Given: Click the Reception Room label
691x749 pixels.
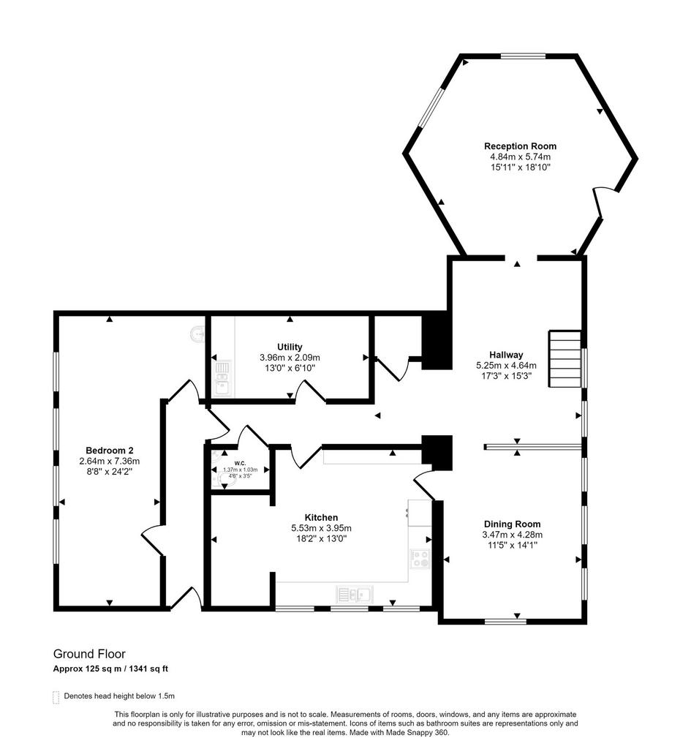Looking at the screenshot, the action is pos(520,146).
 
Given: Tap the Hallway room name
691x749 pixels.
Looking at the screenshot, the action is pos(506,355).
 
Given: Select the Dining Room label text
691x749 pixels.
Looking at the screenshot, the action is pos(513,524).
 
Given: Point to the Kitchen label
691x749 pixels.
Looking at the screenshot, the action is pos(322,517).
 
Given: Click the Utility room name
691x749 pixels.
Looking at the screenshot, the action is pos(290,347).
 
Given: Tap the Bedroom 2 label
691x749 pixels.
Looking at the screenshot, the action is pos(110,451).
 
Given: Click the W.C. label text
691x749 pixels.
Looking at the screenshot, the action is pos(240,463).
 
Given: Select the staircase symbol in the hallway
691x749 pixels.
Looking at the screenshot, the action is pos(565,359).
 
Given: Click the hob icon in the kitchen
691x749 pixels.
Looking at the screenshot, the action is pos(420,558).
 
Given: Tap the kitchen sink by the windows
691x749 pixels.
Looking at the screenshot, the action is pos(355,595).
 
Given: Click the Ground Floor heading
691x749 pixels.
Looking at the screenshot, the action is pos(89,654).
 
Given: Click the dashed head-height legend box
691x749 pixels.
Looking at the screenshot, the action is pos(56,697).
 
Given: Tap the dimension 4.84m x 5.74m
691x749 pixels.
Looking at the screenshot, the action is pos(520,157).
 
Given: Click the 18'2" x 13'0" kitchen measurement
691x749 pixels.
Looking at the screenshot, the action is pos(322,538).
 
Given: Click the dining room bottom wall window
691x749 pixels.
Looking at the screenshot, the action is pos(505,622).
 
